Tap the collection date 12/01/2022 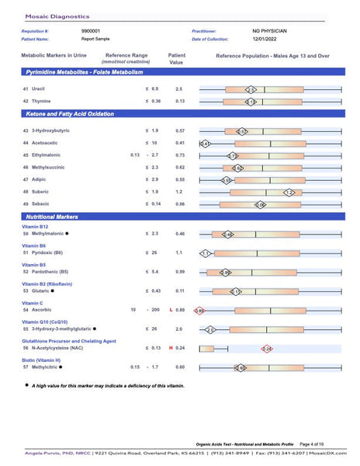tap(265, 39)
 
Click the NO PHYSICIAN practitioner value tap(269, 31)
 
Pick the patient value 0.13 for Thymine tap(180, 101)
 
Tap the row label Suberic tap(40, 191)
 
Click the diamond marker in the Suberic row tap(289, 192)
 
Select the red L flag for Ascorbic tap(170, 310)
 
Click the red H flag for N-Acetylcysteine tap(170, 348)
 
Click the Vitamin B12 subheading tap(36, 226)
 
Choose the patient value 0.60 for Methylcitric tap(180, 367)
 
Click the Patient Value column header tap(176, 59)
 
